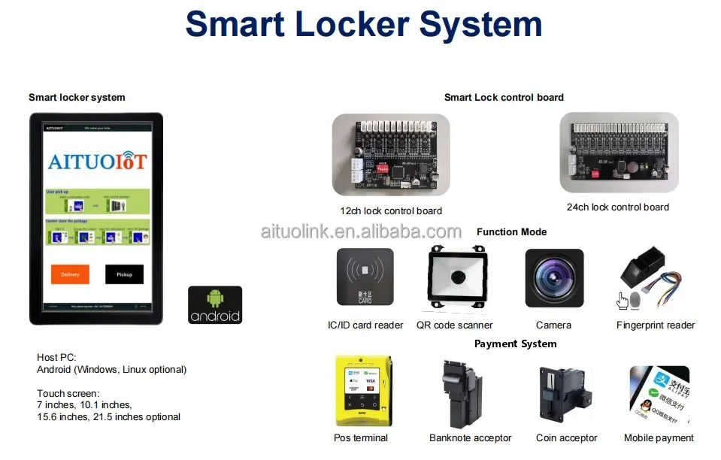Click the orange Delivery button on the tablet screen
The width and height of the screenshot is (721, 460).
coord(70,274)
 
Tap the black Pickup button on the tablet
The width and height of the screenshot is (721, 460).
coord(124,274)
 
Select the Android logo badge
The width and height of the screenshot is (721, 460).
coord(215,304)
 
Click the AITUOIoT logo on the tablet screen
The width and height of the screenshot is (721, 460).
coord(97,161)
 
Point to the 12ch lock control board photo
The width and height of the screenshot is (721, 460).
coord(391,154)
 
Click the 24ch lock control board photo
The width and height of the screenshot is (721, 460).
coord(619,152)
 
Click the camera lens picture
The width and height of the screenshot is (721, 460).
coord(554,278)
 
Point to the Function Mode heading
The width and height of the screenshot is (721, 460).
coord(511,232)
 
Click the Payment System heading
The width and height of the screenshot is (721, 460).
coord(515,344)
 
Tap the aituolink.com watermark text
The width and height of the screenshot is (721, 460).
coord(361,231)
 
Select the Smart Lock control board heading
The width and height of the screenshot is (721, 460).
coord(504,98)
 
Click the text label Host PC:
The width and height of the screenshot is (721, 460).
coord(56,357)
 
